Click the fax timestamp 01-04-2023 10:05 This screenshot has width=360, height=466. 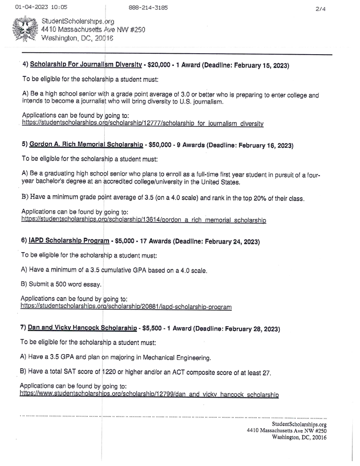pyautogui.click(x=41, y=7)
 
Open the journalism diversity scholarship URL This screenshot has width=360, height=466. pyautogui.click(x=142, y=123)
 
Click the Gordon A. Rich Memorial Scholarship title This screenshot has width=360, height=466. pyautogui.click(x=86, y=145)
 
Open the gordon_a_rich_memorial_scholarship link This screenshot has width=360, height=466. pyautogui.click(x=143, y=220)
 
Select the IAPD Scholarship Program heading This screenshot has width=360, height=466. pyautogui.click(x=69, y=241)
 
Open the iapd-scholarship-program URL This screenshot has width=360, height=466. pyautogui.click(x=126, y=307)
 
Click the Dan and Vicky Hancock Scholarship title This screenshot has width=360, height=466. pyautogui.click(x=82, y=328)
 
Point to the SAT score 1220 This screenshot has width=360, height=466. pyautogui.click(x=109, y=372)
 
